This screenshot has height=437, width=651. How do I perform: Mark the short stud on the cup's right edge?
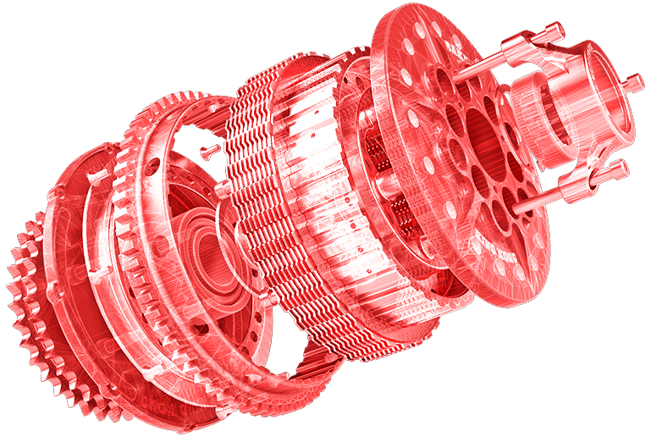(x=630, y=82)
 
